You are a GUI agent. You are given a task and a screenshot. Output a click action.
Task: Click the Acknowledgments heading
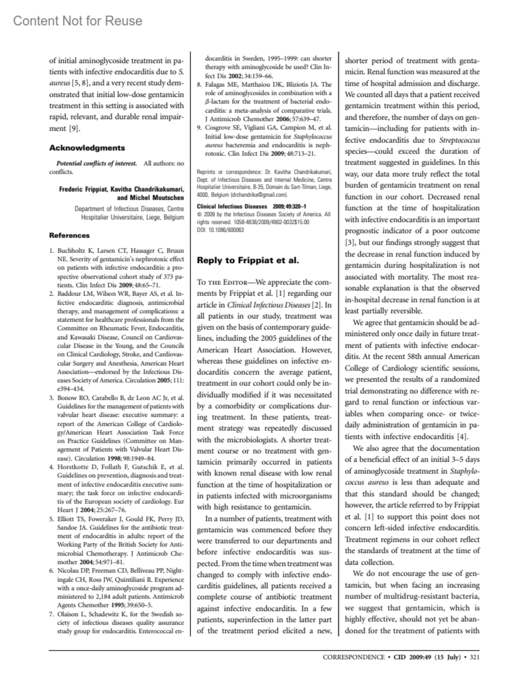87,148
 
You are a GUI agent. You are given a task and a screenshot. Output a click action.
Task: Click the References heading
69,235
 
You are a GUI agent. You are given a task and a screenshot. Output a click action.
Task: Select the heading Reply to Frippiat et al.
248,260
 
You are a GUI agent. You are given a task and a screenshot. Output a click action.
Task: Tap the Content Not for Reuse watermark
78,21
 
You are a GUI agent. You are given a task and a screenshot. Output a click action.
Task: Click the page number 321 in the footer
474,657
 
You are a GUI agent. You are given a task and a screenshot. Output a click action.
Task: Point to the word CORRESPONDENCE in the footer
354,657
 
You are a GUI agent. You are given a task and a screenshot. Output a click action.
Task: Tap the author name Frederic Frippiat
84,189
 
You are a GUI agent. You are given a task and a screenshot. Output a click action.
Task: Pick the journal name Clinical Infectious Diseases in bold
232,206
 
